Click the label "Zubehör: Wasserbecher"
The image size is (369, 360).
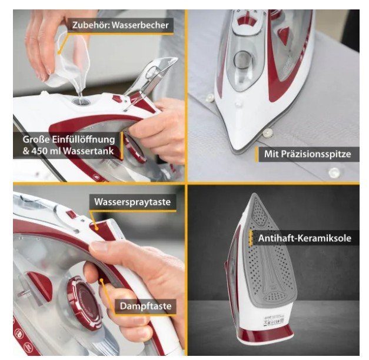point(120,25)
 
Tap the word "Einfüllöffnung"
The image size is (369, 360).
point(84,139)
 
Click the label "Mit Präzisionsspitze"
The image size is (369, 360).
point(307,154)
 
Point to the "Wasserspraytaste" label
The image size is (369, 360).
point(132,202)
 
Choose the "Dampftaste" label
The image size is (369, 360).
point(146,306)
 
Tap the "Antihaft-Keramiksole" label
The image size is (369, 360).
point(304,238)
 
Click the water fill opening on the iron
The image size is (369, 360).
point(81,102)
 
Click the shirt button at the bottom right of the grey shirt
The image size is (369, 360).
point(334,172)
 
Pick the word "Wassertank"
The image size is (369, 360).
point(89,151)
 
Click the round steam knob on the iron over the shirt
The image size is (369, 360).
point(242,60)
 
